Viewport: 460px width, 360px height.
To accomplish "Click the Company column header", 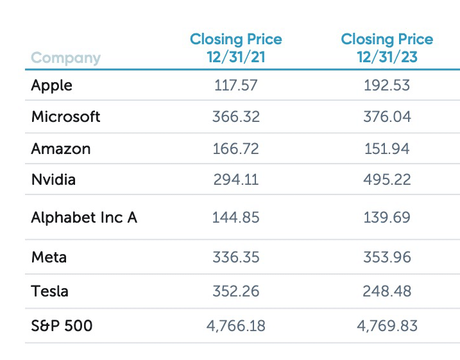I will (x=65, y=58).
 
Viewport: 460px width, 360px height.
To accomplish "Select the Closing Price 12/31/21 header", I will (x=235, y=48).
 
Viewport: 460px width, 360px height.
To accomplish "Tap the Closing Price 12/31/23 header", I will (x=387, y=48).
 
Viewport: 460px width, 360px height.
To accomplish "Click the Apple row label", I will (x=51, y=85).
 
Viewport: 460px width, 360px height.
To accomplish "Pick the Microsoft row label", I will (x=65, y=117).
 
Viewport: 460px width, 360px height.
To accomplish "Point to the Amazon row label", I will (x=60, y=149).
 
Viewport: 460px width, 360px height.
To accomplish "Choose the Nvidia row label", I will (x=53, y=180).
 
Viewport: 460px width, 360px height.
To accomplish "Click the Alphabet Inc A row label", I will (x=84, y=218).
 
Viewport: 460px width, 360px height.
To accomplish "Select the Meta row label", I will (x=49, y=257).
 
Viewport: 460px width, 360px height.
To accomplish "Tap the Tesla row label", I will (x=49, y=291).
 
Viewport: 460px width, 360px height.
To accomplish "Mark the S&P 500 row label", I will (x=62, y=326).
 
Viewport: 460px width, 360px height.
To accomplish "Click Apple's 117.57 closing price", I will (x=235, y=85).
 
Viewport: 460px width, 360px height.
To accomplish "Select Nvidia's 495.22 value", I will (x=387, y=180).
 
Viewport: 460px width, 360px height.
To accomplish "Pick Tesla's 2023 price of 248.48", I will (x=387, y=291).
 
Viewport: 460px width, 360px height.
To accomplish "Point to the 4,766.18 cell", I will (x=235, y=326).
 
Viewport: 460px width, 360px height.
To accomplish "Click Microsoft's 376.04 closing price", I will (x=387, y=117).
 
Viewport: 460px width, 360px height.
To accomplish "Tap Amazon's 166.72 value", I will (x=235, y=149).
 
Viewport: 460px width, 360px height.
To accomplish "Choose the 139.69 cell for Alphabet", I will (x=387, y=218).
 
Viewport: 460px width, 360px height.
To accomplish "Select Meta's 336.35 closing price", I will (x=235, y=257).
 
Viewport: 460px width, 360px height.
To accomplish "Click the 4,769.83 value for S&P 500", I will (x=387, y=326).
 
